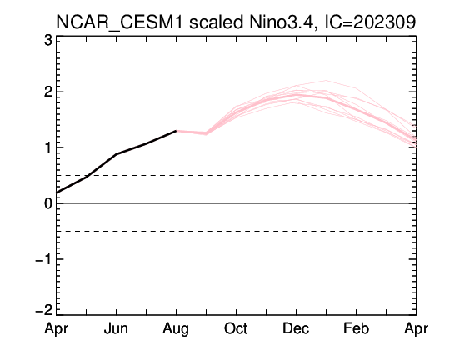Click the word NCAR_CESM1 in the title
(x=119, y=22)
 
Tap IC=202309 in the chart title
(x=370, y=22)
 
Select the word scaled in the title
(x=216, y=22)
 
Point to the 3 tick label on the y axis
(x=48, y=41)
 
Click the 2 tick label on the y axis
(x=48, y=92)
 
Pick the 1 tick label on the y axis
(x=48, y=147)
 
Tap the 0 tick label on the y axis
(x=48, y=203)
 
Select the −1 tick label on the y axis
(x=44, y=259)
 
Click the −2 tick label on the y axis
(x=44, y=310)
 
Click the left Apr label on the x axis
(x=57, y=328)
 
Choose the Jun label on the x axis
(x=116, y=328)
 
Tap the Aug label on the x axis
(x=176, y=328)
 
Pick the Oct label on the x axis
(x=236, y=328)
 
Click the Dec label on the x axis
(x=296, y=328)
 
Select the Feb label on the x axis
(x=356, y=328)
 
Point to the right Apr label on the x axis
(x=416, y=328)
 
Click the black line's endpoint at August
(x=176, y=131)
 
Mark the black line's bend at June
(x=116, y=154)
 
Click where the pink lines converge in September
(x=206, y=133)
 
